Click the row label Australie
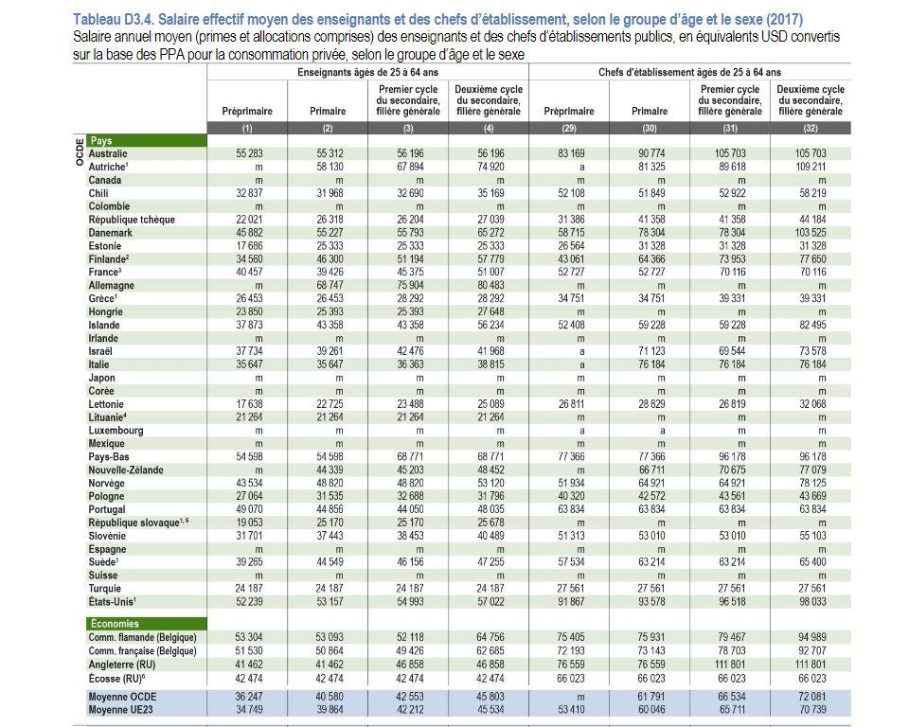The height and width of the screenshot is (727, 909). tap(108, 153)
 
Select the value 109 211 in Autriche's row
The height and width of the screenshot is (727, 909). tap(811, 167)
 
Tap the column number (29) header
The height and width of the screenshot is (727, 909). tap(569, 128)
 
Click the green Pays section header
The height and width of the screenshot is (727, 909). tap(146, 140)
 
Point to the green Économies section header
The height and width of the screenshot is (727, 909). tap(146, 624)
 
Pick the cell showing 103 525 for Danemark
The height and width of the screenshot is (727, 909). tap(811, 233)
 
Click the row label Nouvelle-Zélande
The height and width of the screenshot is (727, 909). tap(126, 470)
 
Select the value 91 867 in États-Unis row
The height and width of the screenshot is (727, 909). tap(571, 602)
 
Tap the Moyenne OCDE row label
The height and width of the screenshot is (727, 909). tap(122, 697)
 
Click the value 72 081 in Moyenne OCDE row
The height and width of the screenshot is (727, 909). tap(812, 697)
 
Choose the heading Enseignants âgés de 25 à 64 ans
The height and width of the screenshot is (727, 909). tap(367, 73)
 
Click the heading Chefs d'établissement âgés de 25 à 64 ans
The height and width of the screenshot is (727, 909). tap(690, 73)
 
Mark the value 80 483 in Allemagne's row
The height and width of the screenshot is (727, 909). tap(490, 286)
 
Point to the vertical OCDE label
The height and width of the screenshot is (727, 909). tap(80, 151)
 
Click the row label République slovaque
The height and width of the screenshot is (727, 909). tap(138, 523)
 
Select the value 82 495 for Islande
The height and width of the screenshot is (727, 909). tap(812, 326)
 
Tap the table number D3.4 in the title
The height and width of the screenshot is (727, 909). tap(139, 19)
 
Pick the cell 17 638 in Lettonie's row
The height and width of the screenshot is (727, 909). tap(249, 404)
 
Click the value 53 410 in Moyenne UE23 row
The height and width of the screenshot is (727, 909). tap(571, 710)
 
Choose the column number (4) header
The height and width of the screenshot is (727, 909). tap(489, 128)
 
